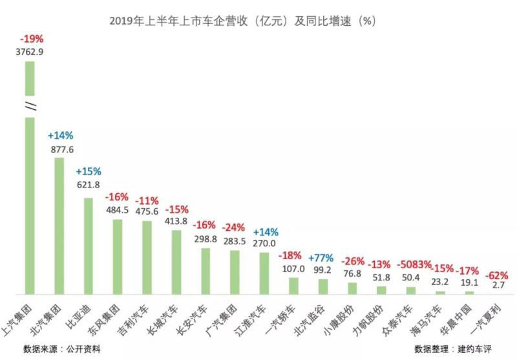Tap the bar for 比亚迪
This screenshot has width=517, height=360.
88,245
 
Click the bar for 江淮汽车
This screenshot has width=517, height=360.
264,272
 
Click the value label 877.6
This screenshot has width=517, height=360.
61,149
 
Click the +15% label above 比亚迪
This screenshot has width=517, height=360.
89,172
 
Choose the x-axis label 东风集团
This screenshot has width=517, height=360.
111,316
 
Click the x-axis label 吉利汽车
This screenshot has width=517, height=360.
139,316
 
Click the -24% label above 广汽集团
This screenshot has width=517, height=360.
234,228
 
